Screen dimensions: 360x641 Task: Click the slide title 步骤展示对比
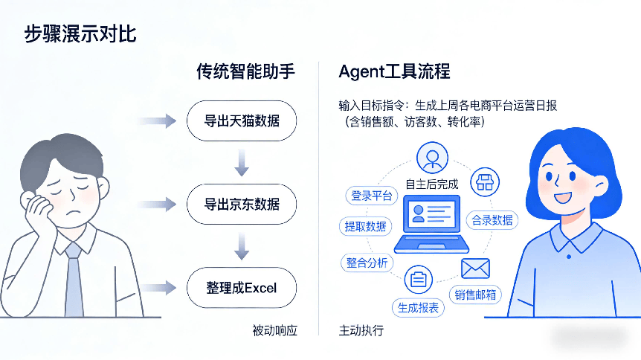80,34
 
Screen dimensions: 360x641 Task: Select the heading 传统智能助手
245,72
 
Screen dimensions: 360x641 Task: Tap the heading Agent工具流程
394,72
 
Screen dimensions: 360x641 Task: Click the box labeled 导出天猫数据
242,120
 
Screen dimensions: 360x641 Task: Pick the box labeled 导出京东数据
242,204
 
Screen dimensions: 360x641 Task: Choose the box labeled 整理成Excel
242,287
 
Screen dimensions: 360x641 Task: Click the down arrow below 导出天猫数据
241,161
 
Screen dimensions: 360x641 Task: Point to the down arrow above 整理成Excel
241,245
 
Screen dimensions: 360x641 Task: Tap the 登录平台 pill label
372,196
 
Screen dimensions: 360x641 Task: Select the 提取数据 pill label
365,226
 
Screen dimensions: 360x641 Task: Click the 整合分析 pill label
367,263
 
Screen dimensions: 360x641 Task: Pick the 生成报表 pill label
418,307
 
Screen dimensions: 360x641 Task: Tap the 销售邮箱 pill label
475,295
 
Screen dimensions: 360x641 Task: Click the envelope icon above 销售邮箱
475,268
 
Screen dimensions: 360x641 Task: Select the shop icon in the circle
485,181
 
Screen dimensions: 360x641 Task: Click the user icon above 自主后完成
431,157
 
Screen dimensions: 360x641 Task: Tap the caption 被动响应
274,330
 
